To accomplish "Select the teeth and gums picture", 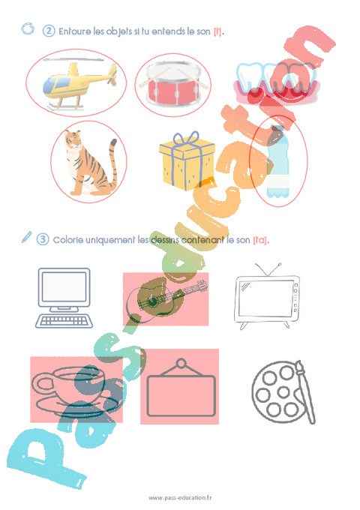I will pyautogui.click(x=274, y=83).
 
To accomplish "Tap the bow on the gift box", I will pyautogui.click(x=184, y=140).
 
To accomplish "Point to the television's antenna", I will pyautogui.click(x=268, y=268).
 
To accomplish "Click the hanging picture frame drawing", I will pyautogui.click(x=180, y=390).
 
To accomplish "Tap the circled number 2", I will pyautogui.click(x=49, y=31).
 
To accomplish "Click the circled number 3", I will pyautogui.click(x=43, y=239).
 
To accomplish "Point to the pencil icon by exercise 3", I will pyautogui.click(x=27, y=238).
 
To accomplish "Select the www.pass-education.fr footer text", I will pyautogui.click(x=180, y=498).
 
